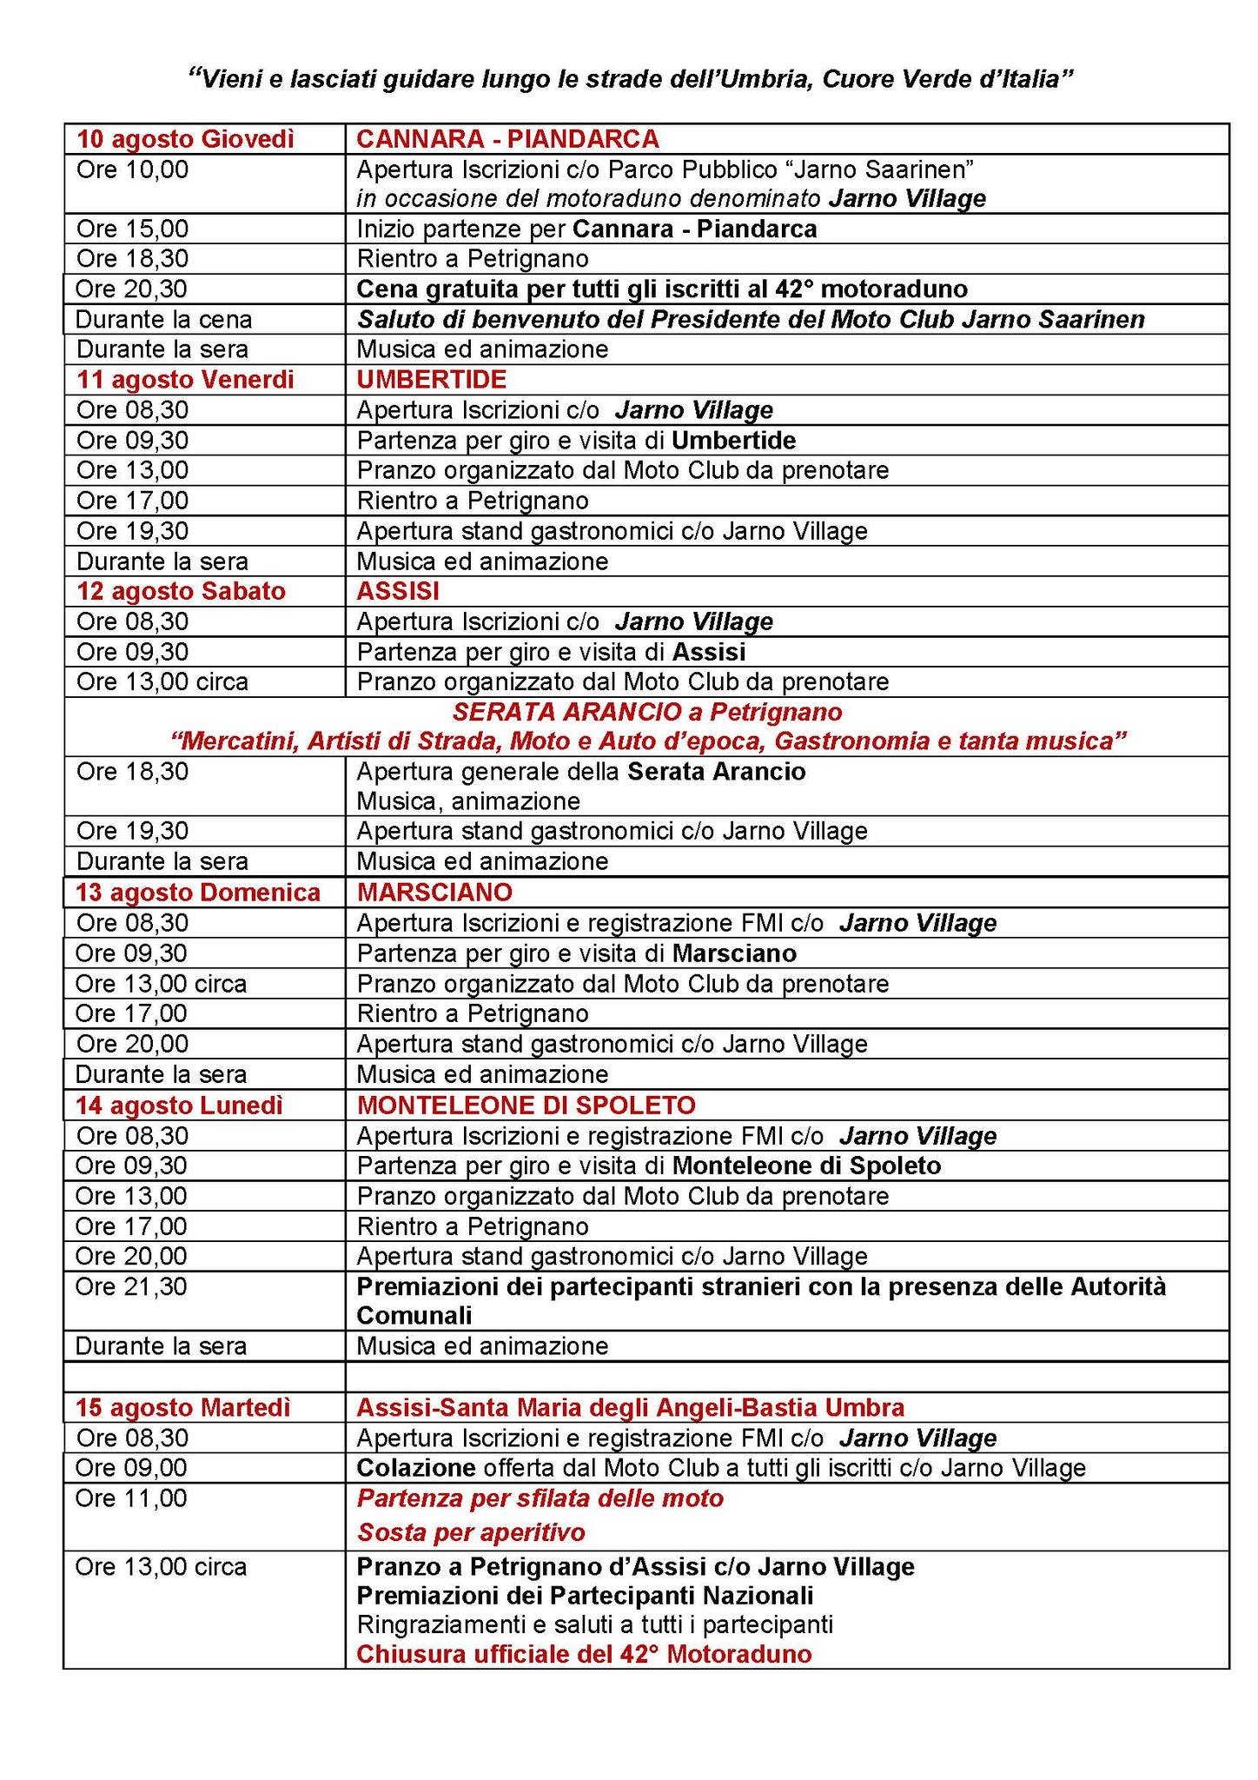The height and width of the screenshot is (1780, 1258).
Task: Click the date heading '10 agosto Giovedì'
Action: pyautogui.click(x=185, y=139)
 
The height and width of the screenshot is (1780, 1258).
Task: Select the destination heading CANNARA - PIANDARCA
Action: pyautogui.click(x=507, y=139)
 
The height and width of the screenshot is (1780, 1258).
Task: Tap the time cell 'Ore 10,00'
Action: pyautogui.click(x=132, y=169)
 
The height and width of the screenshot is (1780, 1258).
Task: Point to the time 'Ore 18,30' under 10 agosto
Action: pyautogui.click(x=132, y=259)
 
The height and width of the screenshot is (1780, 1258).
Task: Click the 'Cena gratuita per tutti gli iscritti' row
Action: pyautogui.click(x=662, y=289)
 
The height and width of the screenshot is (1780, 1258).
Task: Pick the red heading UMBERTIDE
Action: pyautogui.click(x=431, y=379)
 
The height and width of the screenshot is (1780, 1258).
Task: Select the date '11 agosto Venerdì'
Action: pyautogui.click(x=185, y=380)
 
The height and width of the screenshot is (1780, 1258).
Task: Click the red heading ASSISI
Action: pyautogui.click(x=398, y=591)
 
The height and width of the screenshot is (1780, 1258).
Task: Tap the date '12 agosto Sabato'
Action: pyautogui.click(x=181, y=591)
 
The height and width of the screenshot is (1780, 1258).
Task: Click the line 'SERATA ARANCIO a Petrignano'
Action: pyautogui.click(x=647, y=713)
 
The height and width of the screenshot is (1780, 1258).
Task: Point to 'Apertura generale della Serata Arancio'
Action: pyautogui.click(x=580, y=772)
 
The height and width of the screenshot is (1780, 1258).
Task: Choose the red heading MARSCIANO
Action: pyautogui.click(x=434, y=893)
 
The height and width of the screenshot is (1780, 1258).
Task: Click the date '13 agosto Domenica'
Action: pyautogui.click(x=197, y=893)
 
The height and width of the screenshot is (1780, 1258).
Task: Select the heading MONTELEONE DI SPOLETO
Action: pyautogui.click(x=526, y=1106)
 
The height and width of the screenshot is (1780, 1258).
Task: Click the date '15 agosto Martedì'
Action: pyautogui.click(x=182, y=1407)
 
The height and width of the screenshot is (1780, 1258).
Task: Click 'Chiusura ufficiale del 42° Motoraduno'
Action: pyautogui.click(x=584, y=1654)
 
